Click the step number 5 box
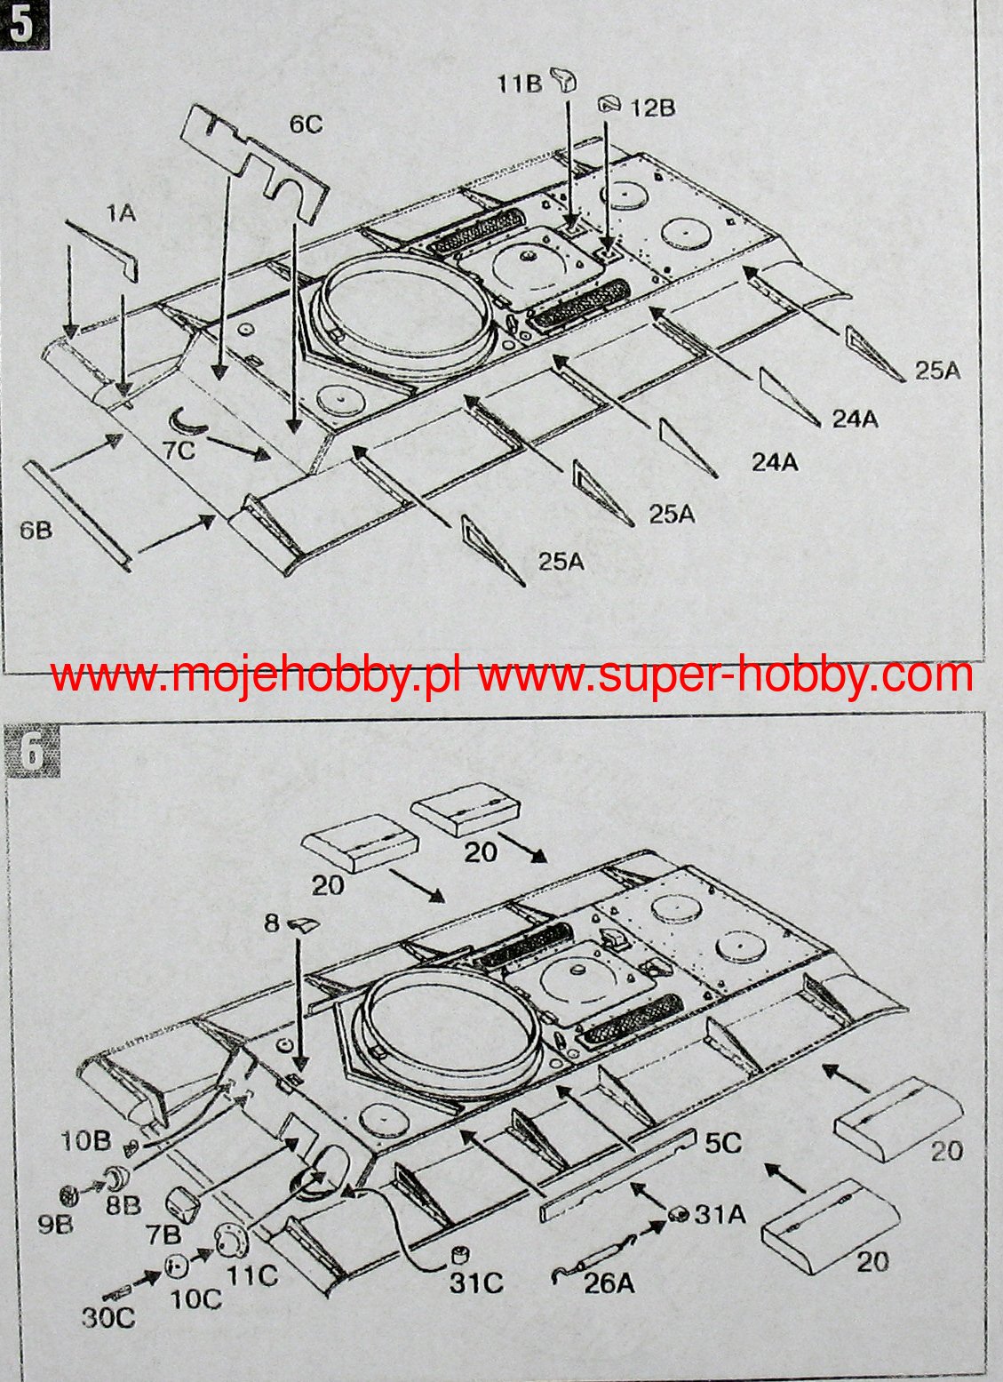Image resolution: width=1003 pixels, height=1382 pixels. [x=24, y=25]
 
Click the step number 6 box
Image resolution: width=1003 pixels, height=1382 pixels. [x=33, y=753]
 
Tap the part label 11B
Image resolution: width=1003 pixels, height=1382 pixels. [x=519, y=84]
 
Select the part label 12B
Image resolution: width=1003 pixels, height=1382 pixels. [x=653, y=108]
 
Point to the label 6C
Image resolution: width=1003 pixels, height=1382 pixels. [x=306, y=124]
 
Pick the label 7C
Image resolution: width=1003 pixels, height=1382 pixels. [x=179, y=450]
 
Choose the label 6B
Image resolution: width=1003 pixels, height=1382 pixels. [x=36, y=531]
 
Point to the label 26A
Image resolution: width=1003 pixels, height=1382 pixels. [x=610, y=1283]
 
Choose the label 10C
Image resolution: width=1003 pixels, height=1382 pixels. [x=195, y=1298]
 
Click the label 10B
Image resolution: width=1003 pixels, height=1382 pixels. [x=85, y=1142]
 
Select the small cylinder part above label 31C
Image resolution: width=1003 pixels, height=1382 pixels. [x=460, y=1255]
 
